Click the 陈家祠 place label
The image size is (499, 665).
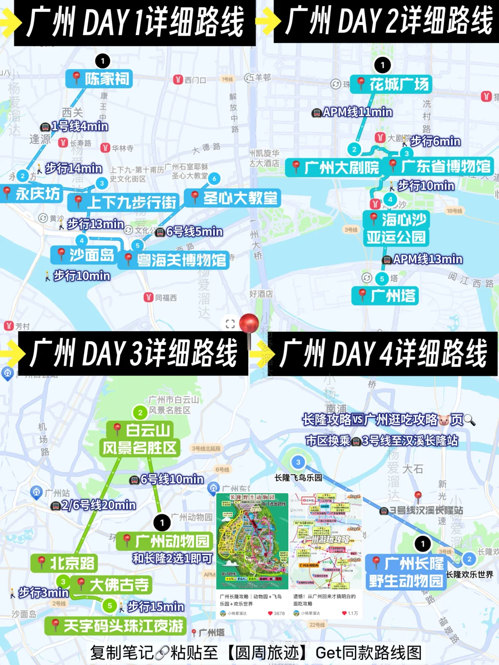pos(100,79)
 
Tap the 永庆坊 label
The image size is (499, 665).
pos(32,193)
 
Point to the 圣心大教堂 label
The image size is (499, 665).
pos(233,198)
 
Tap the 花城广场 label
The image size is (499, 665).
pos(392,85)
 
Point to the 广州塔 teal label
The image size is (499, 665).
pos(386,296)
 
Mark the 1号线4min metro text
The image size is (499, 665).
pos(74,127)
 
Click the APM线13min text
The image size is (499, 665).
pos(423,260)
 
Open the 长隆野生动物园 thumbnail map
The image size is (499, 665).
pos(252,541)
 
